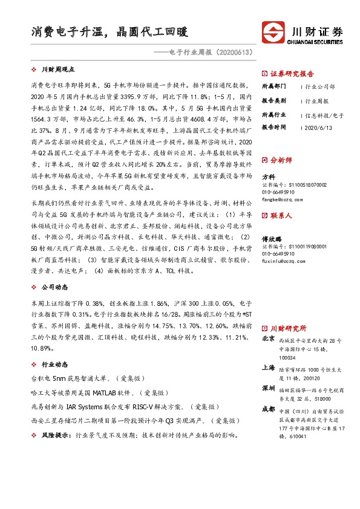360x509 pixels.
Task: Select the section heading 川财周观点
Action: point(57,70)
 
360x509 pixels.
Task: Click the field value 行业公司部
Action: point(320,86)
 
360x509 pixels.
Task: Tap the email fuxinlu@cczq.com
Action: point(283,261)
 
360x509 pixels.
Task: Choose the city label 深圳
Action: point(268,387)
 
